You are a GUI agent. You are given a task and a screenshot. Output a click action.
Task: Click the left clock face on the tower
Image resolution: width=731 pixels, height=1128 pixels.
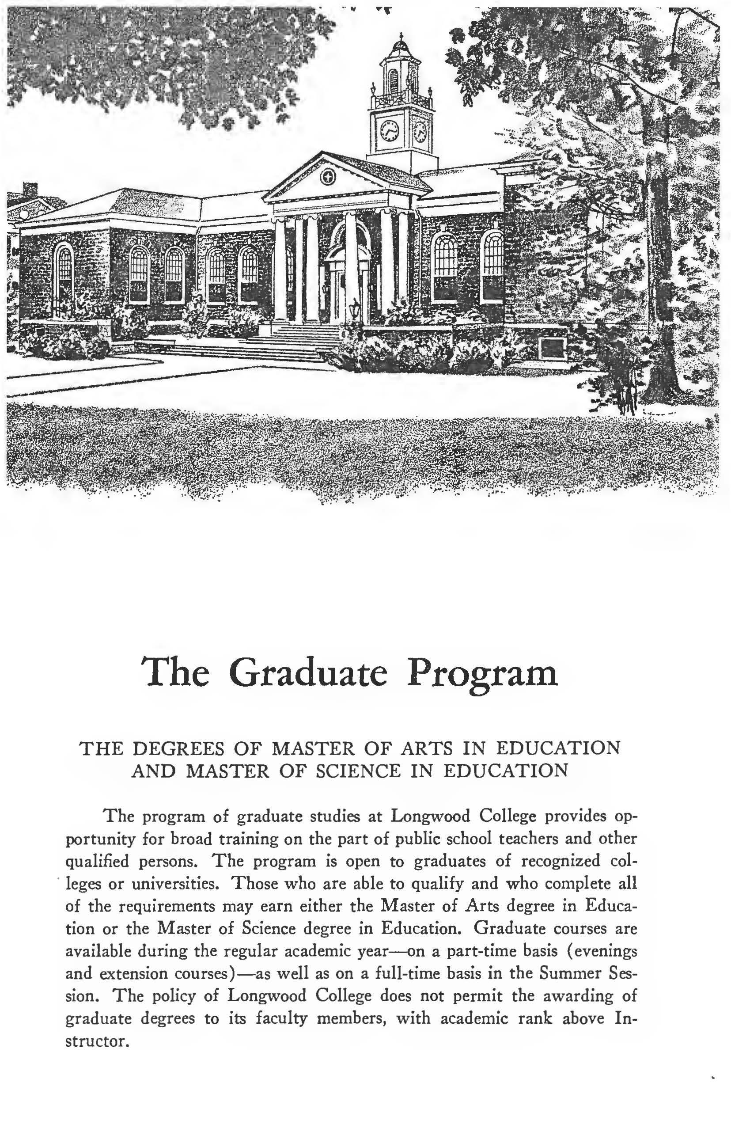tap(389, 130)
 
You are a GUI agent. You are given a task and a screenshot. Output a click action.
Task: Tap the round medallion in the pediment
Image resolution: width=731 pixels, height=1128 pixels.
tap(328, 178)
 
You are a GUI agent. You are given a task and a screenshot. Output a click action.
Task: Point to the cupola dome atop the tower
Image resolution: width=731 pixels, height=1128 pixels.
tap(401, 47)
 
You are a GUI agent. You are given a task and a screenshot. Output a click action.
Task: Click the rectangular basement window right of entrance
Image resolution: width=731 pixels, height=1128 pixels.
tap(553, 349)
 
